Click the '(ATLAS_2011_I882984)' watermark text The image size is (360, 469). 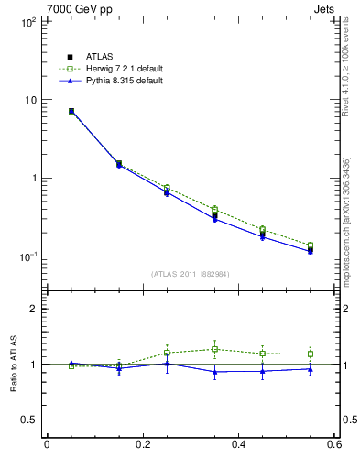(x=191, y=274)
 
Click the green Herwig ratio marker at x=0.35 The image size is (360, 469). (x=214, y=349)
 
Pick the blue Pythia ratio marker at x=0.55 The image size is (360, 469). (x=311, y=369)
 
